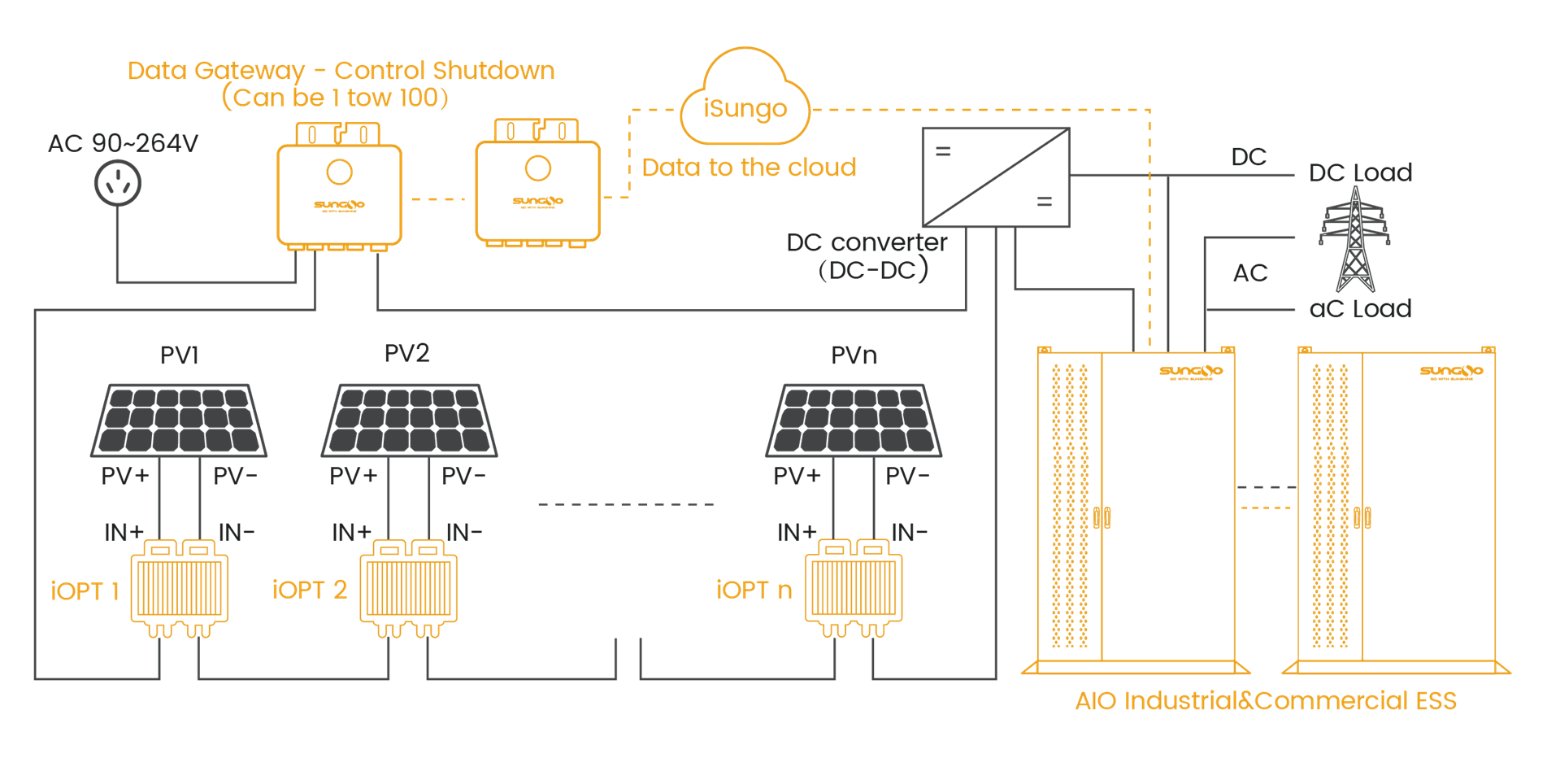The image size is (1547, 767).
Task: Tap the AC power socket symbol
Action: (118, 183)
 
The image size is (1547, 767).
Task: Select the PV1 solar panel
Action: (179, 420)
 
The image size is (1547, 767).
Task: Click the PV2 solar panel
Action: (409, 420)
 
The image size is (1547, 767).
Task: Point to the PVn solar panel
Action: (854, 420)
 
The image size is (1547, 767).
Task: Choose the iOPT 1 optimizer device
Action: (180, 588)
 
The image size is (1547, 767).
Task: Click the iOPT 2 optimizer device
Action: (409, 588)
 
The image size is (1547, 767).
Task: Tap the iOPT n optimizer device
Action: (854, 588)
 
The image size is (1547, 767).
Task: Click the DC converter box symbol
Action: (996, 176)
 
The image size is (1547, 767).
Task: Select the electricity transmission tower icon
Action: (1354, 240)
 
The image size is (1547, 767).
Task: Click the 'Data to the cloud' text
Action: (749, 168)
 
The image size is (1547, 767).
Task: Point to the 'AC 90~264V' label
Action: (123, 143)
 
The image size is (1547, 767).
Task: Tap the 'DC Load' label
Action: (1361, 172)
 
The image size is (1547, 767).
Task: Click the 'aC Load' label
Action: (1360, 309)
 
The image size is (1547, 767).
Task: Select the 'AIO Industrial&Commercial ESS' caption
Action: (1266, 701)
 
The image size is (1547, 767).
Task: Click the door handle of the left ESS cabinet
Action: (1102, 517)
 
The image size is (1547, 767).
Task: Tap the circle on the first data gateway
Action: (340, 172)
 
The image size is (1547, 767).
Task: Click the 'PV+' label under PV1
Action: (125, 476)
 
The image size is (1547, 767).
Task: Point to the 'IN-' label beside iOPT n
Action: (910, 533)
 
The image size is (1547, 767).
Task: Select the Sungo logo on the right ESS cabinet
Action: (1451, 372)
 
